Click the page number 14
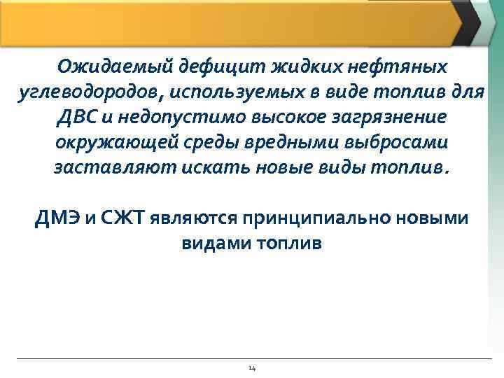tap(252, 368)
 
